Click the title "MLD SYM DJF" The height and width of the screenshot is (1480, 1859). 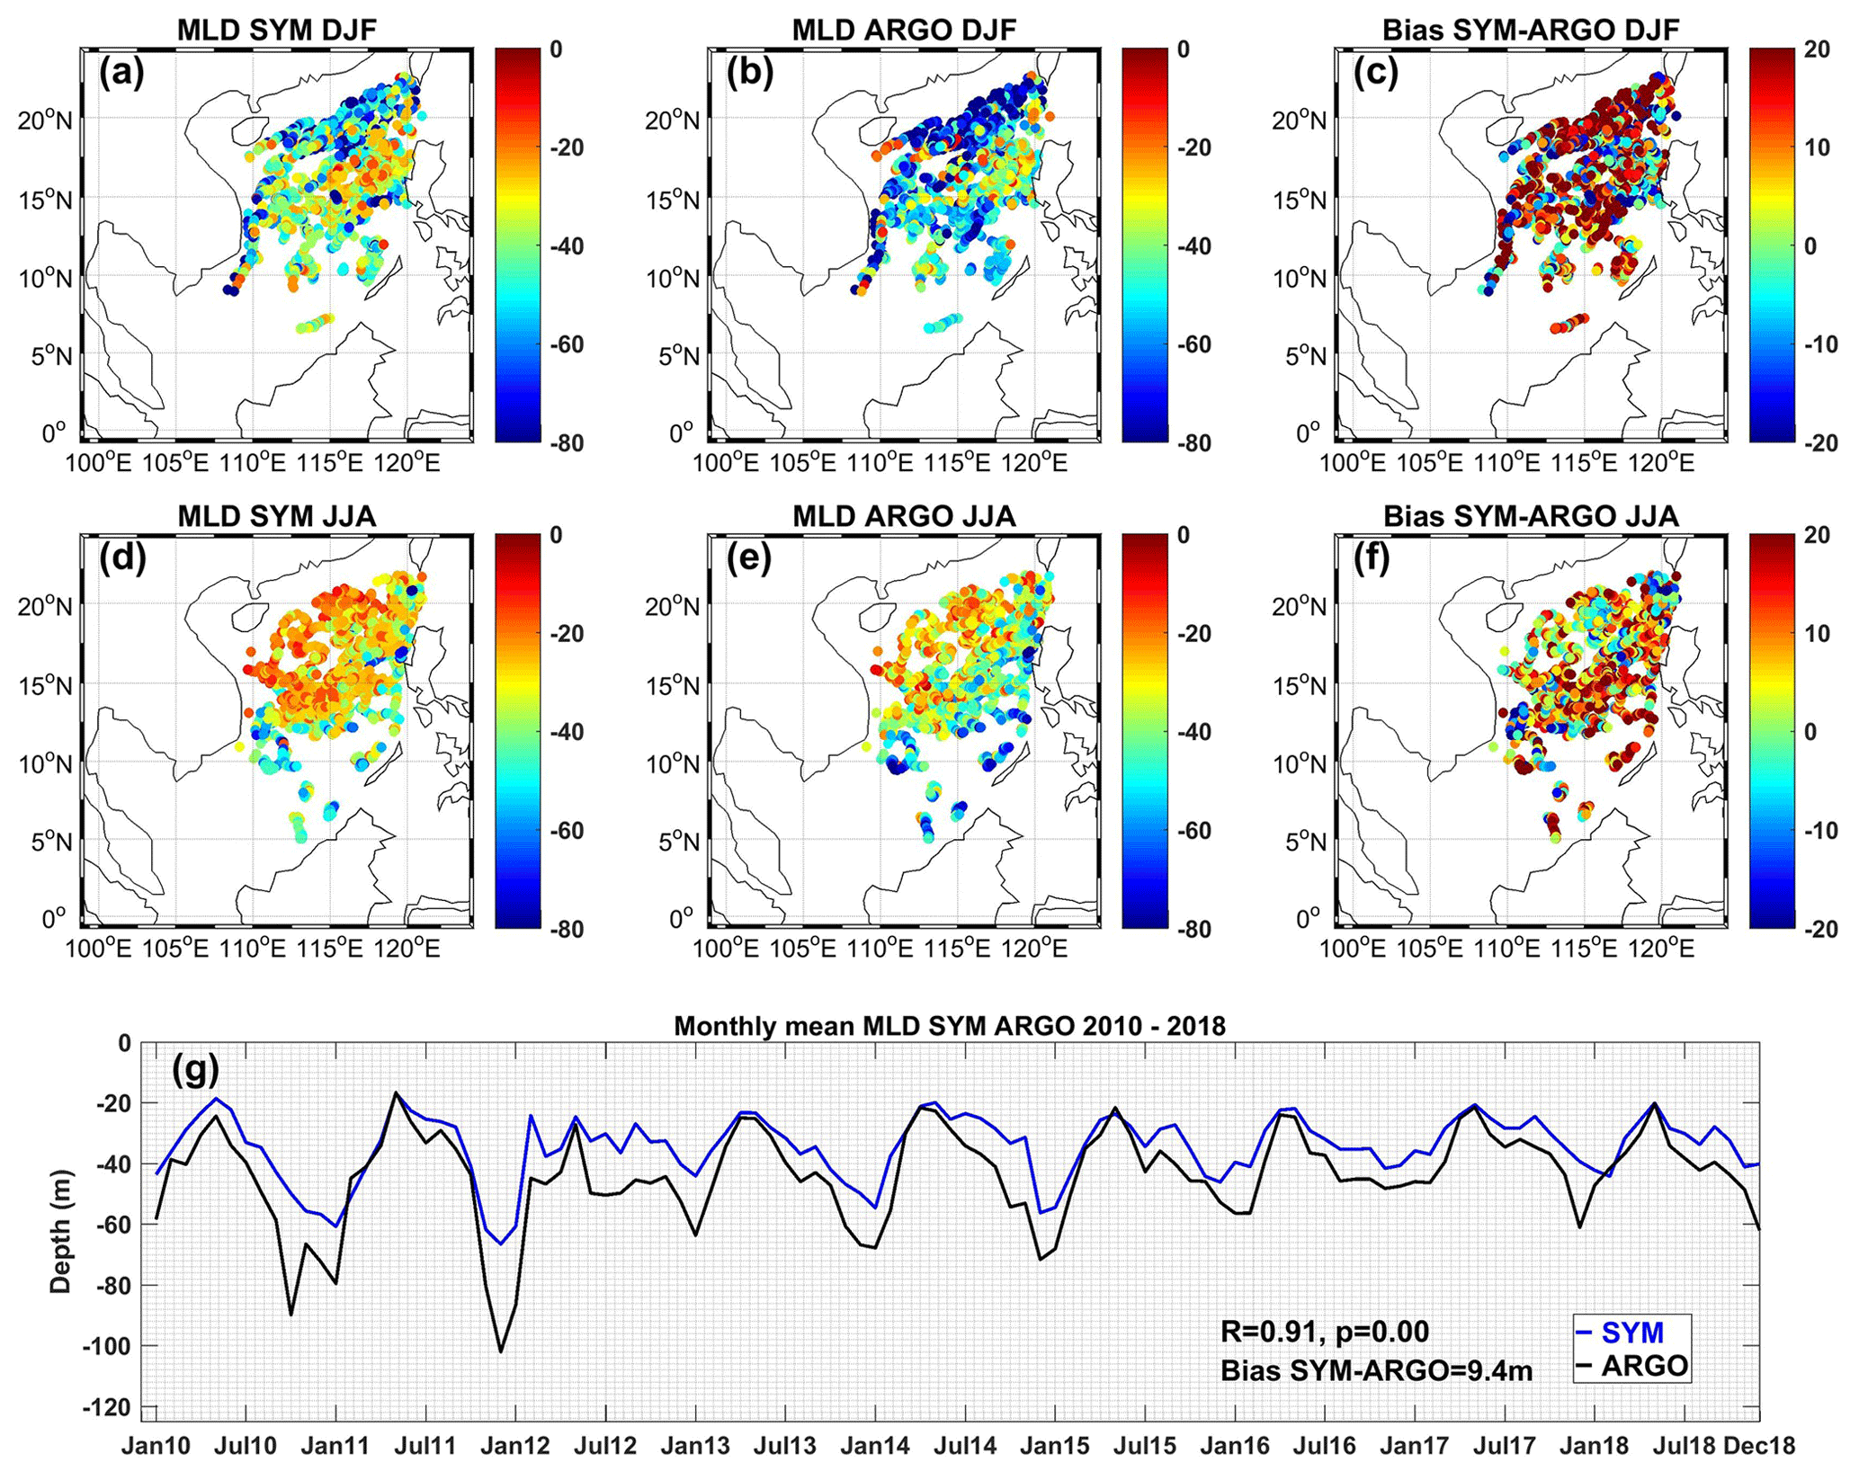point(276,30)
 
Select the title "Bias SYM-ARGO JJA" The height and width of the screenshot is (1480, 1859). point(1531,516)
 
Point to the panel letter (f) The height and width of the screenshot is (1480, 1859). point(1377,558)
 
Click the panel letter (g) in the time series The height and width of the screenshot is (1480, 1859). point(193,1071)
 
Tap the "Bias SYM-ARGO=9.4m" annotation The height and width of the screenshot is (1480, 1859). point(1376,1369)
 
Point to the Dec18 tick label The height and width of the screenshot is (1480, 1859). point(1759,1446)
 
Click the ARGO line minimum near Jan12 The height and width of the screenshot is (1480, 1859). point(501,1351)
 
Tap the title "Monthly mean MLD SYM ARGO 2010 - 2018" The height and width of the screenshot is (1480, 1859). point(950,1026)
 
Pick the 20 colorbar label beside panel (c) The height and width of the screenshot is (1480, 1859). point(1816,49)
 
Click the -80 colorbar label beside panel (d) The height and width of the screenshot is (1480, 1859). point(566,930)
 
